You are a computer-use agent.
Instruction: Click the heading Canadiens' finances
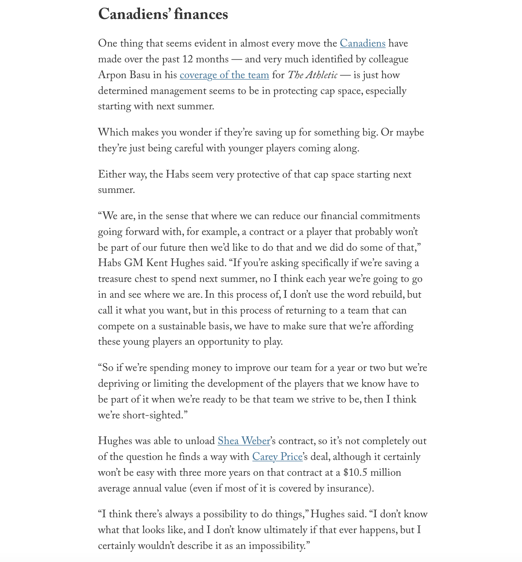coord(163,14)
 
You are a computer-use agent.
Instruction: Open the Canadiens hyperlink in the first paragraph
coord(363,44)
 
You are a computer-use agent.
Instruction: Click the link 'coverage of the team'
coord(224,75)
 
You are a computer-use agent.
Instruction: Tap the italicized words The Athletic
coord(312,75)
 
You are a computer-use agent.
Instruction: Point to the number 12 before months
coord(187,60)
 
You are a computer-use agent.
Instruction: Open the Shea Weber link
coord(244,441)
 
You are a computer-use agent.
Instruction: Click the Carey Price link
coord(277,457)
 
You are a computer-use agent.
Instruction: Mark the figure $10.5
coord(355,473)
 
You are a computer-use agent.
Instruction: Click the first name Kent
coord(156,263)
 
